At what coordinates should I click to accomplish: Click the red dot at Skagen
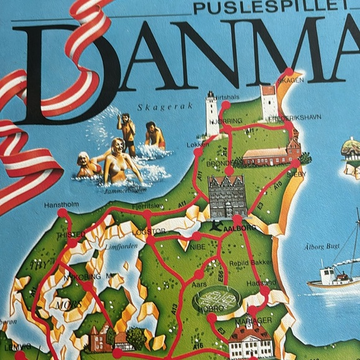tap(289, 72)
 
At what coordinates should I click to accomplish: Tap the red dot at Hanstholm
tap(62, 214)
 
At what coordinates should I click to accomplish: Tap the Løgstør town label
tap(149, 232)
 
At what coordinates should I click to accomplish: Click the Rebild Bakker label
tap(248, 262)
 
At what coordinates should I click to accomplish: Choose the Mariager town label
tap(253, 320)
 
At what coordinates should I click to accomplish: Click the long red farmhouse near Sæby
tap(266, 156)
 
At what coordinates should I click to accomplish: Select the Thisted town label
tap(70, 235)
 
